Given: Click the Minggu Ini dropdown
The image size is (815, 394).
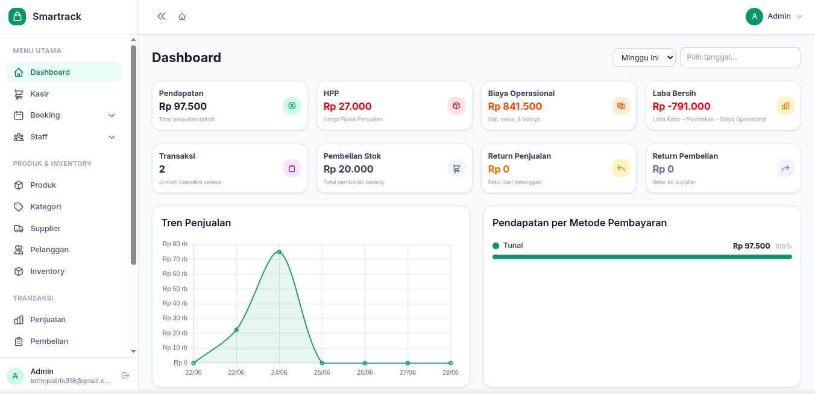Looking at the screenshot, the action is click(644, 57).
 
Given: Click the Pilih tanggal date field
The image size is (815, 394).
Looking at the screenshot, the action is click(740, 57).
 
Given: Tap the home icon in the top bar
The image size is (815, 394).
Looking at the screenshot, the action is click(182, 17).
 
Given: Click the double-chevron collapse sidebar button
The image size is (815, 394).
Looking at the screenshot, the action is click(161, 16).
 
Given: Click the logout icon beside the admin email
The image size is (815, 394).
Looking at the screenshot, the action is click(125, 375).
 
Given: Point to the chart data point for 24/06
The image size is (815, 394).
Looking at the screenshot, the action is click(279, 252).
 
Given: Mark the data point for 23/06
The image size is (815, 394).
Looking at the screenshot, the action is click(236, 330).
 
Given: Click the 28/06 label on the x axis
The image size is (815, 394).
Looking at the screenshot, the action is click(450, 372).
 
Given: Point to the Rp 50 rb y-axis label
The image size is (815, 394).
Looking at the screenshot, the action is click(175, 289).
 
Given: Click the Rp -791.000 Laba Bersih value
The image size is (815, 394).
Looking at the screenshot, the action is click(681, 106).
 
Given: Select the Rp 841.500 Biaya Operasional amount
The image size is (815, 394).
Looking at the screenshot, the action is click(515, 106).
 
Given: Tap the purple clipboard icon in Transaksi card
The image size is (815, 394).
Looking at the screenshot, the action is click(292, 168).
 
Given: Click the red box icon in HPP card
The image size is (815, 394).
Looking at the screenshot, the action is click(456, 106).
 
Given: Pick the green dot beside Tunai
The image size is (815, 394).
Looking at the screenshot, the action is click(496, 246).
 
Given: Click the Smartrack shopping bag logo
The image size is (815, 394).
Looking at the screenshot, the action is click(17, 16).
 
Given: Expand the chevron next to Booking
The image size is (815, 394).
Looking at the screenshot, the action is click(112, 115).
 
